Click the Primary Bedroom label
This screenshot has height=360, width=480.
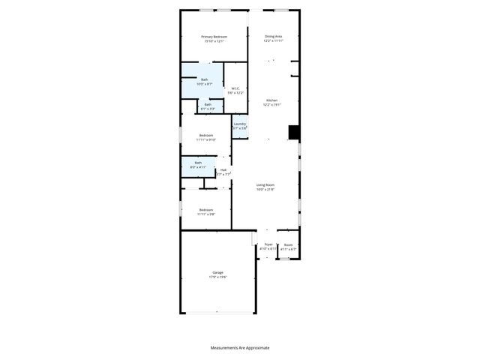tap(214, 36)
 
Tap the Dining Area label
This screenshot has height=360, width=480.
tap(273, 36)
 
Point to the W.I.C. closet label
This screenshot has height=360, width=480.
tap(235, 88)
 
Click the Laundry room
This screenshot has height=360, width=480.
tap(239, 126)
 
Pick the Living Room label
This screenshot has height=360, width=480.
tap(265, 185)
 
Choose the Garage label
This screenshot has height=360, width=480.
tap(217, 272)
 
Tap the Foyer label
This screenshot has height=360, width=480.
tap(268, 244)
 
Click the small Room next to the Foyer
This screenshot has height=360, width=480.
tap(288, 244)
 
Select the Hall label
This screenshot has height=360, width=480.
tap(223, 169)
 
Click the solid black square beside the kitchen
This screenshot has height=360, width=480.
tap(294, 133)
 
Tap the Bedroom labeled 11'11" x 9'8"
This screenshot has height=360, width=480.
tap(205, 211)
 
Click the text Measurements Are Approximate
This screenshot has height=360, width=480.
tap(239, 348)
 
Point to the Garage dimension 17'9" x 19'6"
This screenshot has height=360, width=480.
tap(217, 277)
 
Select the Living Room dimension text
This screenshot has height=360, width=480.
tap(265, 190)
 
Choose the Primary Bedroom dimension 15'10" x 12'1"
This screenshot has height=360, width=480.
tap(214, 40)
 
